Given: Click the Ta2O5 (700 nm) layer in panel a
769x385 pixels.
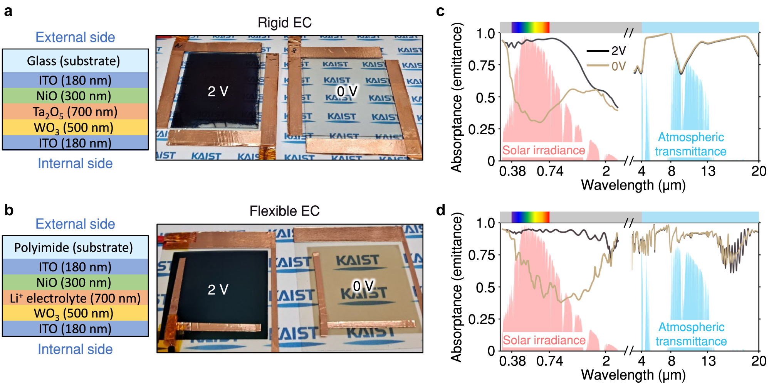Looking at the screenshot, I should pyautogui.click(x=75, y=112).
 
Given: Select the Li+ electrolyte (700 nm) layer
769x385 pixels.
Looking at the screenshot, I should pyautogui.click(x=75, y=298).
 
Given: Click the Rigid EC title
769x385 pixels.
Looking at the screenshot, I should pyautogui.click(x=284, y=23).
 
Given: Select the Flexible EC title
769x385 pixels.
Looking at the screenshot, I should pyautogui.click(x=284, y=211).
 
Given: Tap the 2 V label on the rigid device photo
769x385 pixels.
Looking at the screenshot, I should pyautogui.click(x=218, y=91).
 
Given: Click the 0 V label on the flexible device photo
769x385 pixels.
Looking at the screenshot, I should pyautogui.click(x=363, y=286).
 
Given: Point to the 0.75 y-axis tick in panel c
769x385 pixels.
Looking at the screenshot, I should pyautogui.click(x=482, y=66).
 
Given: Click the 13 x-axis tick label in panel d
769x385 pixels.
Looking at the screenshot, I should pyautogui.click(x=708, y=361).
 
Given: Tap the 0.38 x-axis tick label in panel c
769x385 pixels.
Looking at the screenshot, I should pyautogui.click(x=512, y=171).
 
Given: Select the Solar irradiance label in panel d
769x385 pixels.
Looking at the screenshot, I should pyautogui.click(x=544, y=340).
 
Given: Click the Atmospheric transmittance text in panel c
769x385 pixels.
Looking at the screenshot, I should pyautogui.click(x=691, y=144).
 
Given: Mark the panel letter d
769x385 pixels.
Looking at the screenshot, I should pyautogui.click(x=440, y=210).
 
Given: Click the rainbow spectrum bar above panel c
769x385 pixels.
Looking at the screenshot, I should pyautogui.click(x=530, y=27).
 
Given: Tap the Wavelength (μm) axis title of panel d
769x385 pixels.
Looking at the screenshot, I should pyautogui.click(x=633, y=375).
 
